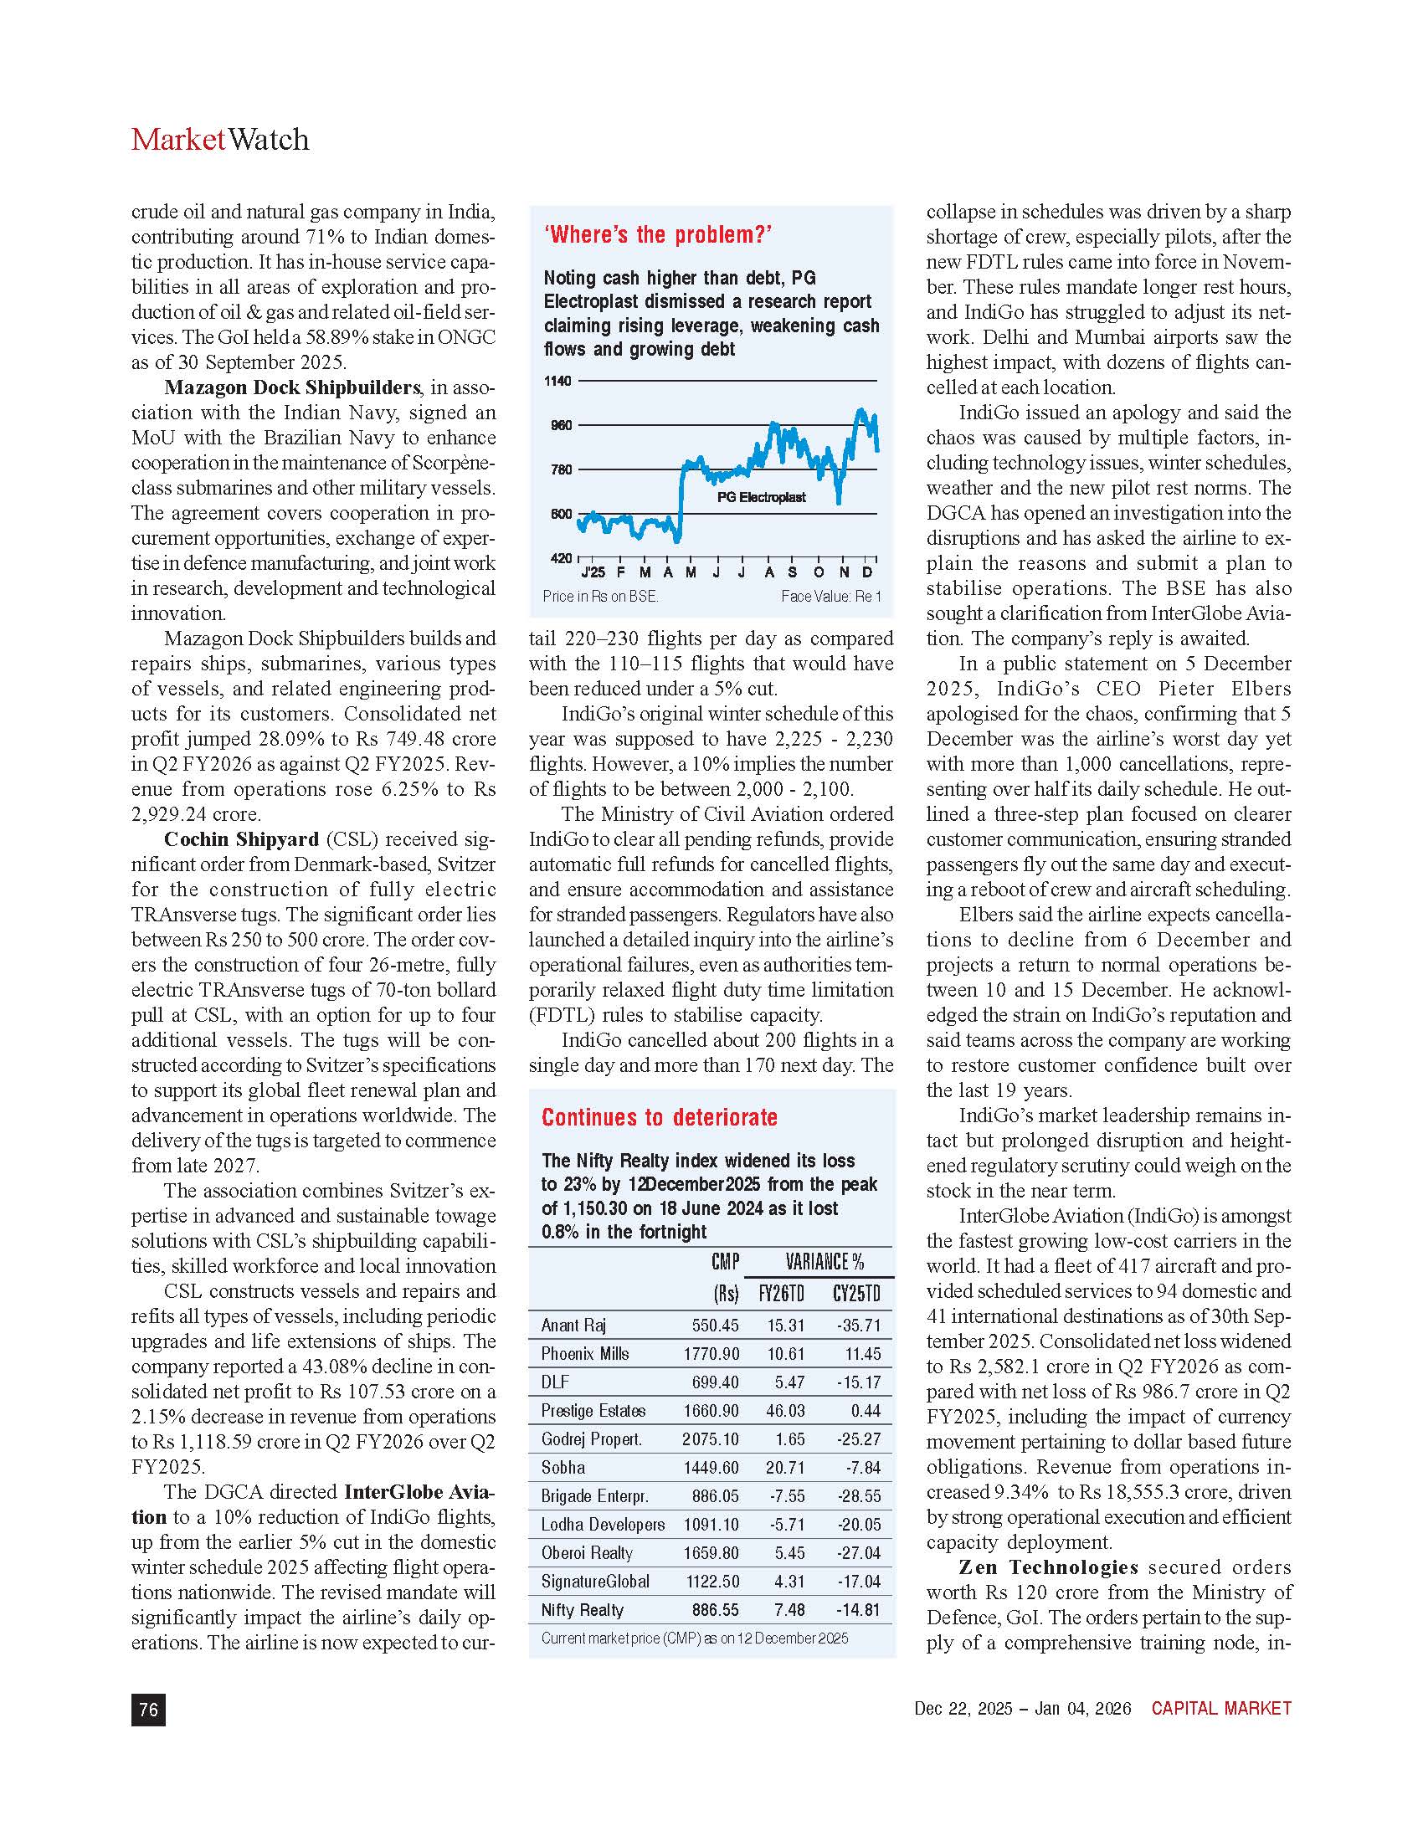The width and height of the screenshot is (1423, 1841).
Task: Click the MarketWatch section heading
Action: [220, 139]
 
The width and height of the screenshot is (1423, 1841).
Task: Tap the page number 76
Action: [148, 1710]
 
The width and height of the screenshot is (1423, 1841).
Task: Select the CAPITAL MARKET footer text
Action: [1220, 1709]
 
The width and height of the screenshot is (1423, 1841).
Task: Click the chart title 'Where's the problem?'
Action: [659, 234]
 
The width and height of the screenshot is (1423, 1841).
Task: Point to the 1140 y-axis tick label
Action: [557, 381]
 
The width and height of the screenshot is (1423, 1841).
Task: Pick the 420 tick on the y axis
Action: [561, 558]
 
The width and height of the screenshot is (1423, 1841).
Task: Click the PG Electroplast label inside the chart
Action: [761, 497]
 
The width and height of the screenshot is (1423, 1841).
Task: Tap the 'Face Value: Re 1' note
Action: [830, 597]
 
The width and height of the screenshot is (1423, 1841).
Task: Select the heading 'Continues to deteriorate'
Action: [660, 1118]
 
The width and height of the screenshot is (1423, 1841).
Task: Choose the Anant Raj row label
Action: [573, 1326]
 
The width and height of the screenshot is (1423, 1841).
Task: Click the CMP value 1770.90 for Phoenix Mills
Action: [711, 1354]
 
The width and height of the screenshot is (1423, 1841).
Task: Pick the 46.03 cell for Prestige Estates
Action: [785, 1411]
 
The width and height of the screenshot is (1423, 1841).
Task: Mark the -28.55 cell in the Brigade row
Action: [859, 1496]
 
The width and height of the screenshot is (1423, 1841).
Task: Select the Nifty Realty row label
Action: [582, 1610]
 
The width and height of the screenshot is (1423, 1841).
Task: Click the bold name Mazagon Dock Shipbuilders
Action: [291, 387]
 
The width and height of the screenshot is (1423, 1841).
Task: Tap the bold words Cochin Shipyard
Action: [241, 839]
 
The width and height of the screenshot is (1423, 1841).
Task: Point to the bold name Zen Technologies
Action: [1048, 1568]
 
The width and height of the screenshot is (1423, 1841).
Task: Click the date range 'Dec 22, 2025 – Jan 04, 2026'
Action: [1023, 1709]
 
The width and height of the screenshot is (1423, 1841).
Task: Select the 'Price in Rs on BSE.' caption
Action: [600, 597]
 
